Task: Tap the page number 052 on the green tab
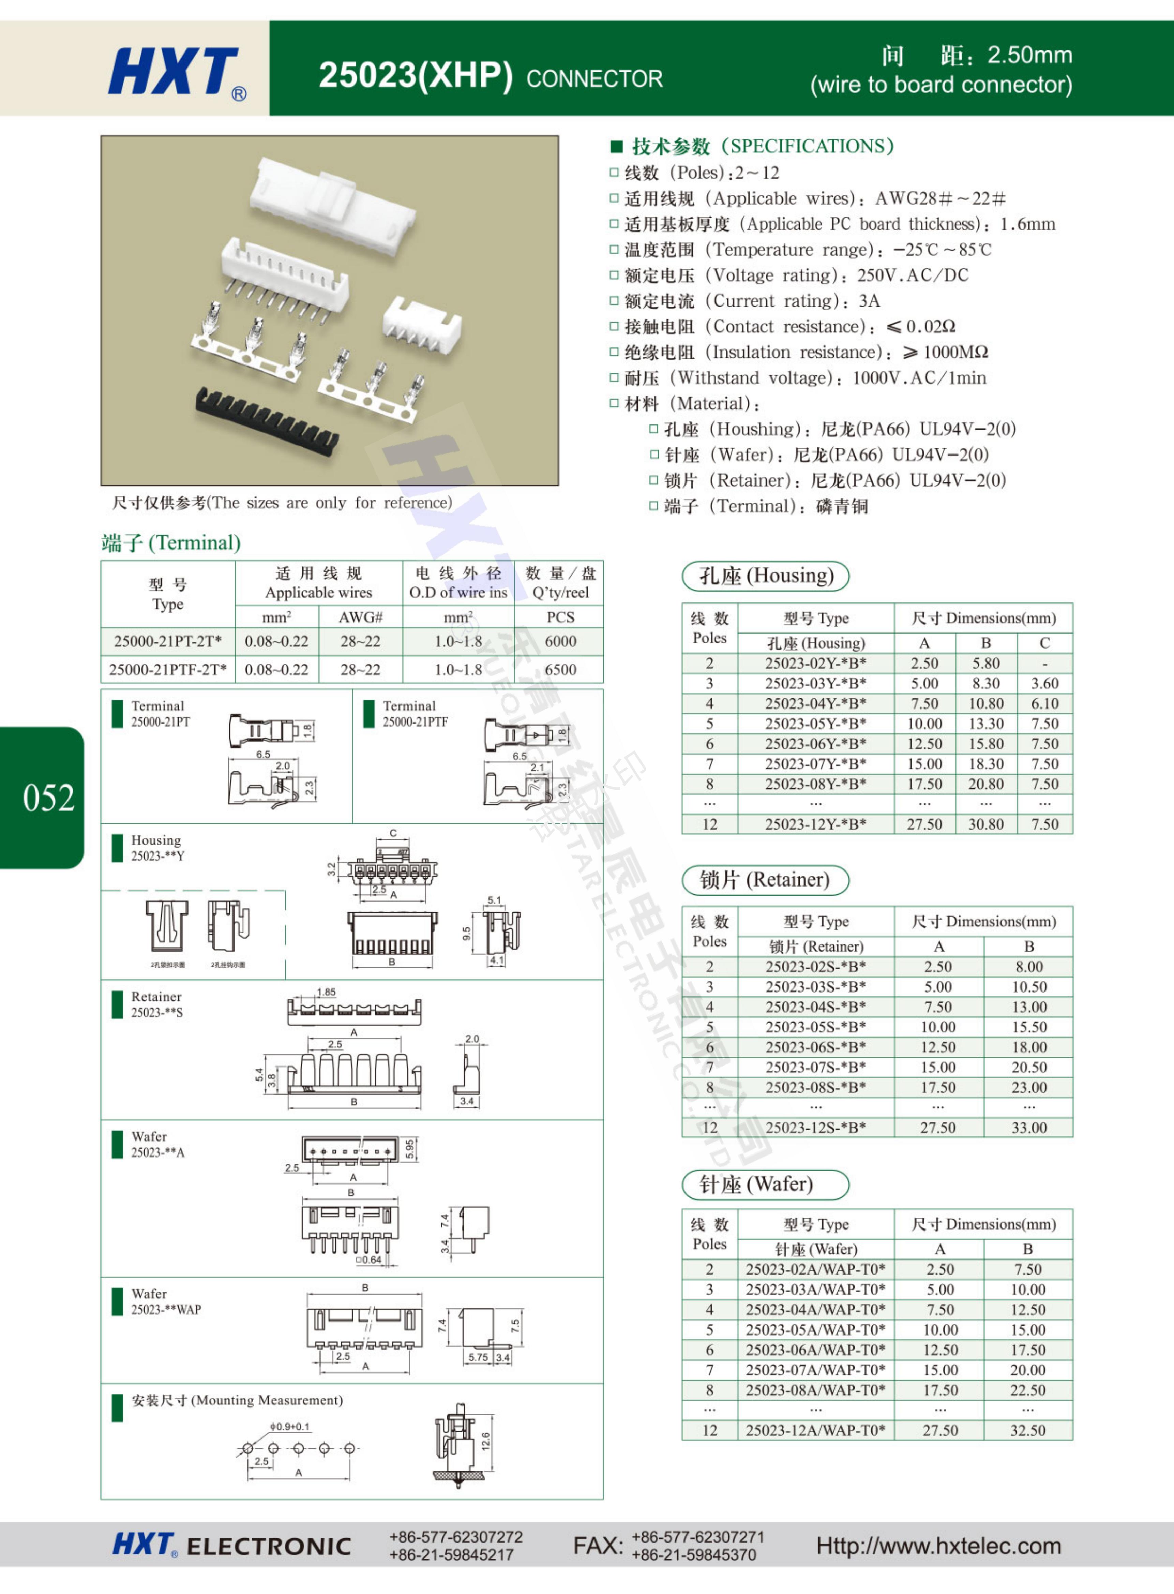pyautogui.click(x=48, y=798)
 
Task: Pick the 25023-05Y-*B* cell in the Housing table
pyautogui.click(x=815, y=724)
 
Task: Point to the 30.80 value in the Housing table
pyautogui.click(x=986, y=824)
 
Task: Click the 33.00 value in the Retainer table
pyautogui.click(x=1028, y=1128)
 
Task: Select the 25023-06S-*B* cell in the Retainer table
pyautogui.click(x=815, y=1047)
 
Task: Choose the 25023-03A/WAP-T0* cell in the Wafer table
pyautogui.click(x=815, y=1289)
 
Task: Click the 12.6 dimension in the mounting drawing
pyautogui.click(x=485, y=1441)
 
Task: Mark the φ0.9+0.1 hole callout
pyautogui.click(x=289, y=1426)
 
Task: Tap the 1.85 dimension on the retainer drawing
pyautogui.click(x=326, y=992)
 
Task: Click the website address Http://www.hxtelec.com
pyautogui.click(x=938, y=1546)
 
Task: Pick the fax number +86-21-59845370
pyautogui.click(x=694, y=1555)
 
